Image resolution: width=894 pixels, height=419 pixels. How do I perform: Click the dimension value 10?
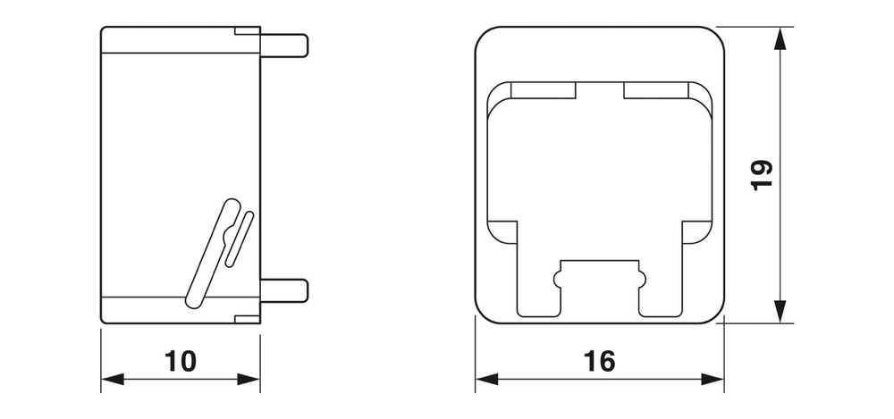(x=181, y=361)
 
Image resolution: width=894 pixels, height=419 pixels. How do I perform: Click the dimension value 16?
(x=599, y=361)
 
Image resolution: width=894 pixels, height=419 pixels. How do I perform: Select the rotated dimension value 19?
(x=760, y=175)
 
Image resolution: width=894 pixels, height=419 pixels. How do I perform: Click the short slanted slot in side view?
(x=239, y=239)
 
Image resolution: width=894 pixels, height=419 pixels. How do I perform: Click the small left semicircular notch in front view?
(x=559, y=278)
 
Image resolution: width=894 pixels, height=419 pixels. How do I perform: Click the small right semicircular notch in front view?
(x=640, y=278)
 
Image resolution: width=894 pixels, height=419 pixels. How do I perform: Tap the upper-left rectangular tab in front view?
(x=544, y=89)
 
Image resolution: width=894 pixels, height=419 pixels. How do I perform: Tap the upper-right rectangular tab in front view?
(x=655, y=89)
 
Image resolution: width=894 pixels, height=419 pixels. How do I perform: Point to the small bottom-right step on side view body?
(x=247, y=318)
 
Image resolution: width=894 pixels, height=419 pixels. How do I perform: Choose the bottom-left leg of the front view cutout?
(x=539, y=295)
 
